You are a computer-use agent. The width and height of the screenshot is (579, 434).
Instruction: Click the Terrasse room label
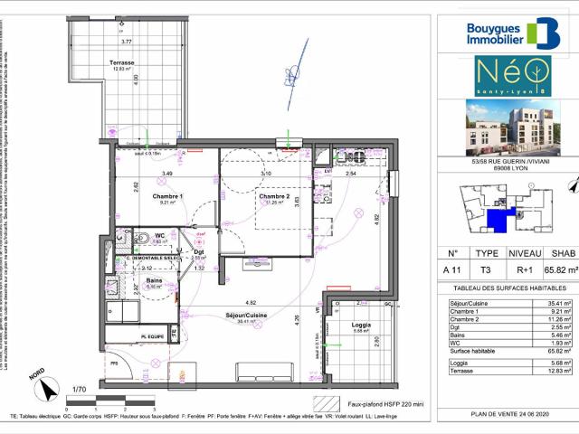coord(123,62)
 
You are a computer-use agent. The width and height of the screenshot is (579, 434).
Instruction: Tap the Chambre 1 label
coord(168,196)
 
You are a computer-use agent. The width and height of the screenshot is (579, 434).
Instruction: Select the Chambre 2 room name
coord(274,196)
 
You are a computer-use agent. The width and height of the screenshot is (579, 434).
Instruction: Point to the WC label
coord(159,236)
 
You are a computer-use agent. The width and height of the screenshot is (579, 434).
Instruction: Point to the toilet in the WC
coord(142,241)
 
